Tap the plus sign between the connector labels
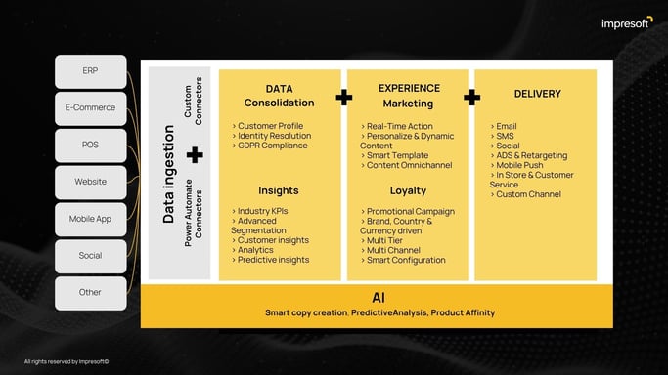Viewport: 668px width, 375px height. (195, 154)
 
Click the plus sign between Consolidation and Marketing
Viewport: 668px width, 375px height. (344, 97)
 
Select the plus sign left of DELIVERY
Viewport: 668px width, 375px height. (471, 97)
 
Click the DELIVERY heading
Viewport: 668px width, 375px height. (537, 94)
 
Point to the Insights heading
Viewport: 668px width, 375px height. (279, 190)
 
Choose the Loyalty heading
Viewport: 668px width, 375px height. (408, 190)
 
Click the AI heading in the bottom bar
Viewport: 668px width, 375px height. (377, 297)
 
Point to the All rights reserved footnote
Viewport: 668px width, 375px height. (67, 361)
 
